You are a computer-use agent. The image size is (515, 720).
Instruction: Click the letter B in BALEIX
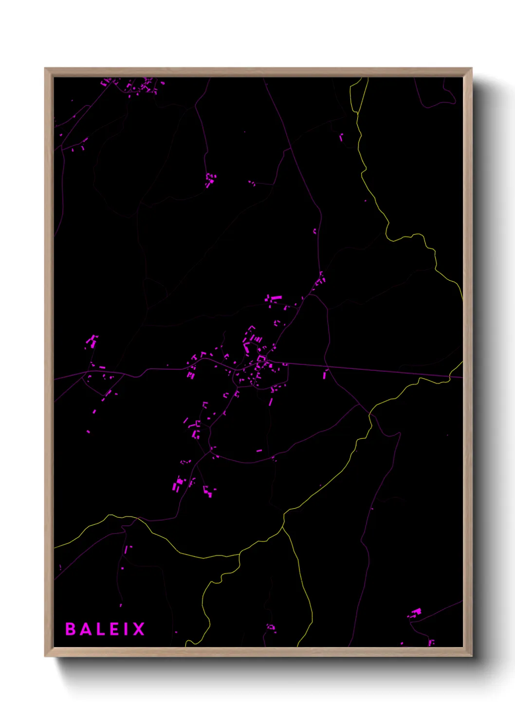(71, 629)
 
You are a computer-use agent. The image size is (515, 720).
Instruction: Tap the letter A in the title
(87, 629)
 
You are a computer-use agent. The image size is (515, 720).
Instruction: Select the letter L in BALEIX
(102, 629)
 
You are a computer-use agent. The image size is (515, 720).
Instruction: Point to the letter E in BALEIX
(116, 629)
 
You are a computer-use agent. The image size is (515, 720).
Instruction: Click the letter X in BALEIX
(139, 629)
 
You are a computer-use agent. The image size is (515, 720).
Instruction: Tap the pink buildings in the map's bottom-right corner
(416, 612)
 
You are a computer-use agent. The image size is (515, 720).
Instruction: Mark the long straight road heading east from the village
(370, 369)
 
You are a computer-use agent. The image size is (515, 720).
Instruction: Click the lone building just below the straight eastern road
(325, 375)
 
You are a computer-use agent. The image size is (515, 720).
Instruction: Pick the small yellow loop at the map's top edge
(359, 95)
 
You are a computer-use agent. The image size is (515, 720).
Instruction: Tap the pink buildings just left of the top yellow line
(341, 137)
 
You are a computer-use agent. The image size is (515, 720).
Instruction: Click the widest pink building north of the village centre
(276, 297)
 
